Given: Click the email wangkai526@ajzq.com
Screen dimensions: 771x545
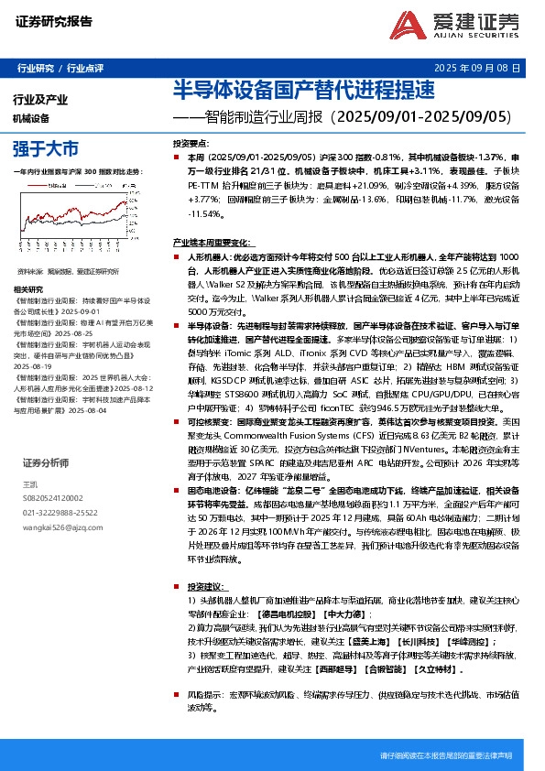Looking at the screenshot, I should [x=56, y=528].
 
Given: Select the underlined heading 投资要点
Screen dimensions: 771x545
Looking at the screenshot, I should [x=190, y=144].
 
